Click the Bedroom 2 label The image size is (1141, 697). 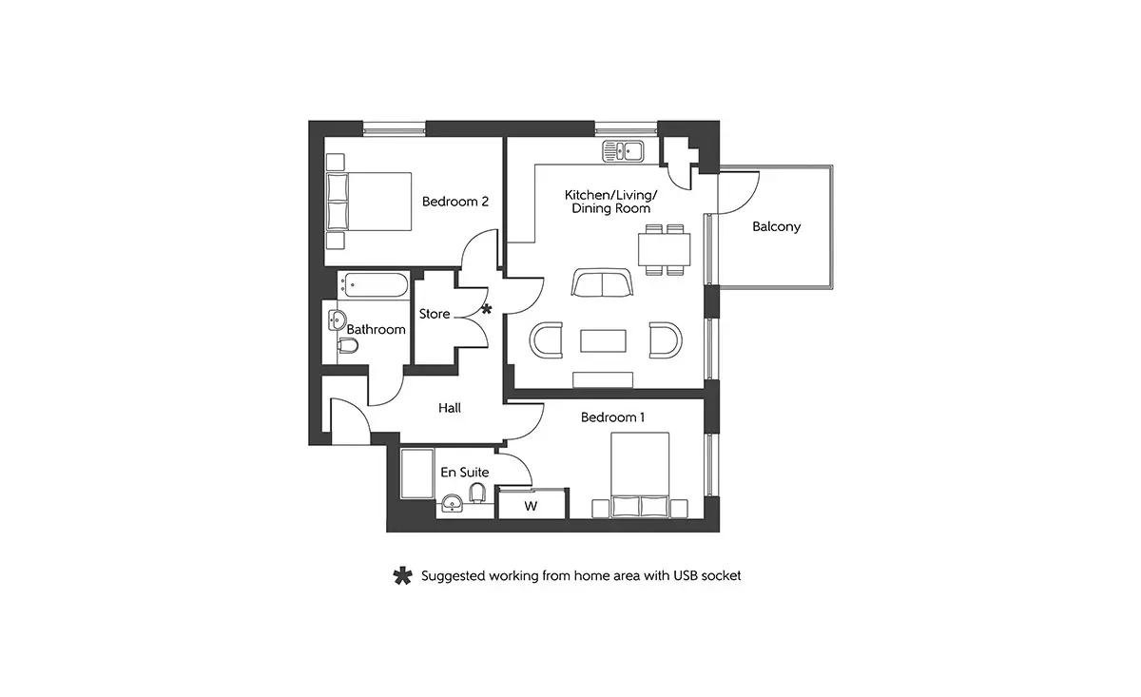point(454,202)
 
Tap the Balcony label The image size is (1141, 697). point(776,226)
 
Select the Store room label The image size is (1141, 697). point(435,314)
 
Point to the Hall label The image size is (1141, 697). point(449,408)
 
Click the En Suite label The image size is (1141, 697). point(465,473)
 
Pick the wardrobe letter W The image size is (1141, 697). point(531,507)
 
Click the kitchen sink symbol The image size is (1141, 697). point(623,151)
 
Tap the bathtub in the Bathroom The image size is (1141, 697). point(376,285)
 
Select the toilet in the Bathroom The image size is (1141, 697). point(348,346)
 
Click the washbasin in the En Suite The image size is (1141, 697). point(453,503)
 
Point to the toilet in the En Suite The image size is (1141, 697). point(477,493)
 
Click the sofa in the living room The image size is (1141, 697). point(602,282)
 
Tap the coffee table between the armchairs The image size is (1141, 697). point(603,340)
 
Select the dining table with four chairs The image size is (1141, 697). point(665,250)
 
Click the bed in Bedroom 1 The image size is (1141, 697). point(640,474)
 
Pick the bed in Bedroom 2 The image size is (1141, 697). point(369,202)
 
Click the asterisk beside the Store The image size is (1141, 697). point(487,309)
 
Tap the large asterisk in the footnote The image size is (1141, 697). point(402,575)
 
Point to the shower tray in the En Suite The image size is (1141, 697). point(417,474)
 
